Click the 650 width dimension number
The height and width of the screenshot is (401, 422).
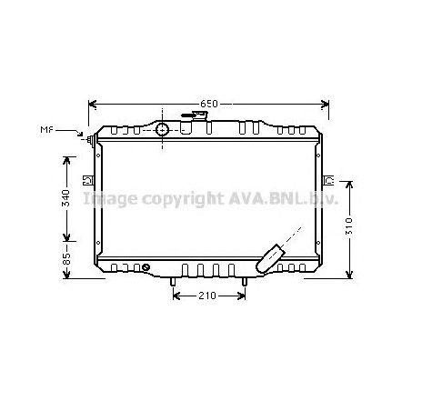208,104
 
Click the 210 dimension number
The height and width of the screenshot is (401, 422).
208,296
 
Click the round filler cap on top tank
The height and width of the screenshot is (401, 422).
164,129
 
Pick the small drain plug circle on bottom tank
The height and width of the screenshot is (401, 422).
146,266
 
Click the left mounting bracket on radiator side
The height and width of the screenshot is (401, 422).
85,179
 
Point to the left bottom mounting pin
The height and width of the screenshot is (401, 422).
171,283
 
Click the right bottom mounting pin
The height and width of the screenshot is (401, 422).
246,283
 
